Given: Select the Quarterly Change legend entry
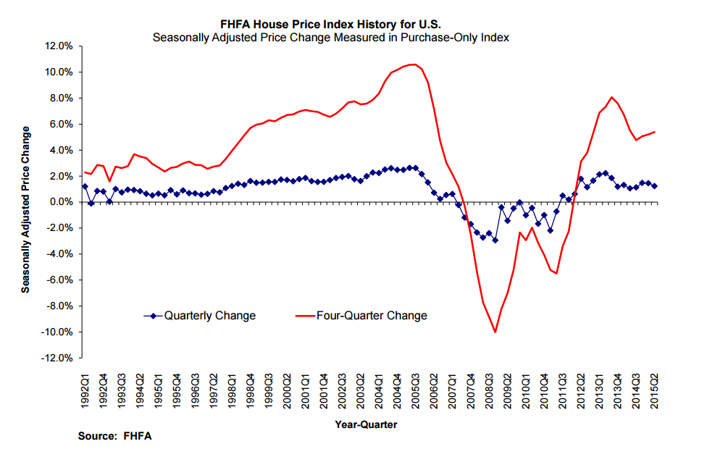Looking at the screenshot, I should [x=209, y=316].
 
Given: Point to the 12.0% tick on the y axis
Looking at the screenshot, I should [x=59, y=46].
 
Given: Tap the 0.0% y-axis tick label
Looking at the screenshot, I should [x=60, y=202].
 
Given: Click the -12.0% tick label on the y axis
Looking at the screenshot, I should [x=57, y=359].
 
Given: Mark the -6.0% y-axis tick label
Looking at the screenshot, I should [x=59, y=280].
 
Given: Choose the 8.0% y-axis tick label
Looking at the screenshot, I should [x=60, y=98].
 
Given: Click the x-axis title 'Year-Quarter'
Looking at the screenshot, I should [x=366, y=424].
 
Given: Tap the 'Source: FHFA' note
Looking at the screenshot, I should [x=115, y=436].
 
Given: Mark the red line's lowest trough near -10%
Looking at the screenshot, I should [x=495, y=332].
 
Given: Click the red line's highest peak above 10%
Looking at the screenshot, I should [x=412, y=64].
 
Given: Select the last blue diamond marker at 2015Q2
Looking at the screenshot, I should [x=655, y=186].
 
